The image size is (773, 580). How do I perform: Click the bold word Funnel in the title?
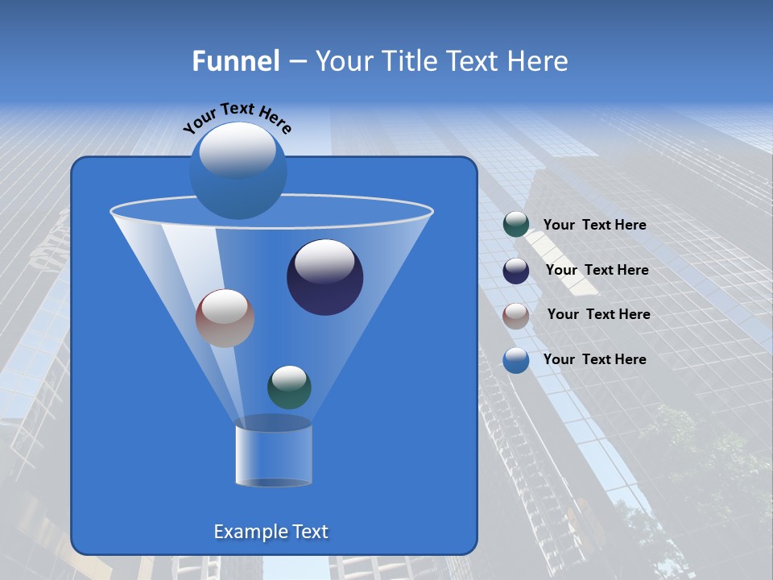coord(235,61)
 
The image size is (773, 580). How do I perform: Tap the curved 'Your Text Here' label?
coord(237,118)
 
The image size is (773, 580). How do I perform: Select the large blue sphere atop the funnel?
coord(238,170)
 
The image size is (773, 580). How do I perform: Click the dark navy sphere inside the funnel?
coord(324,277)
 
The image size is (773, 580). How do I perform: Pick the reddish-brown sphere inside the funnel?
coord(225,318)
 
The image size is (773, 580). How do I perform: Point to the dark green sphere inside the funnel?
coord(289,387)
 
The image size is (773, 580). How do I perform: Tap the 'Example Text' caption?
coord(271,532)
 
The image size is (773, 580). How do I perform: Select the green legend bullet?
coord(516,225)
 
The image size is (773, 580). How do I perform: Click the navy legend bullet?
coord(516,271)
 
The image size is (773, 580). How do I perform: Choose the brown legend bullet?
coord(516,316)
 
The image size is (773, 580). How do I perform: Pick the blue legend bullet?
coord(516,360)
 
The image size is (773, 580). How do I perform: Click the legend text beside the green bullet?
coord(594,226)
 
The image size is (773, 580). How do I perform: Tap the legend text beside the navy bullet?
coord(597,270)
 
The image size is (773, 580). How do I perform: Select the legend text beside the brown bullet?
coord(598,314)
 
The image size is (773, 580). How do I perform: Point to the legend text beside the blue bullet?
coord(594,359)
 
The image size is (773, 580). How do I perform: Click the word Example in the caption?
coord(246,532)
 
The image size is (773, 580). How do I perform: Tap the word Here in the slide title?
coord(539,61)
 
